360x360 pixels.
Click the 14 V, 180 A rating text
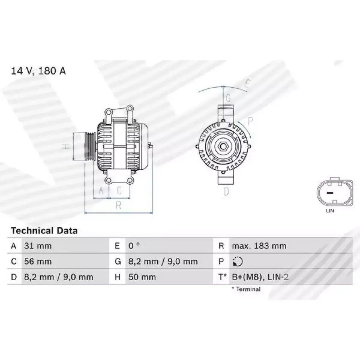coord(38,71)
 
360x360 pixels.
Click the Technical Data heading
coord(44,230)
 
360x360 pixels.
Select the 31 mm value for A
coord(38,246)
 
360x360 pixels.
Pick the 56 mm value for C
coord(38,261)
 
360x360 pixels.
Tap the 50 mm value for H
coord(142,277)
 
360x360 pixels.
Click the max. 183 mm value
coord(259,246)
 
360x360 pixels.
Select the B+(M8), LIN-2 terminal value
coord(260,277)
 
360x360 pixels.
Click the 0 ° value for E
coord(134,246)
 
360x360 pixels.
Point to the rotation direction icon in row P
coord(238,261)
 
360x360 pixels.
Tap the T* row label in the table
coord(223,277)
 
